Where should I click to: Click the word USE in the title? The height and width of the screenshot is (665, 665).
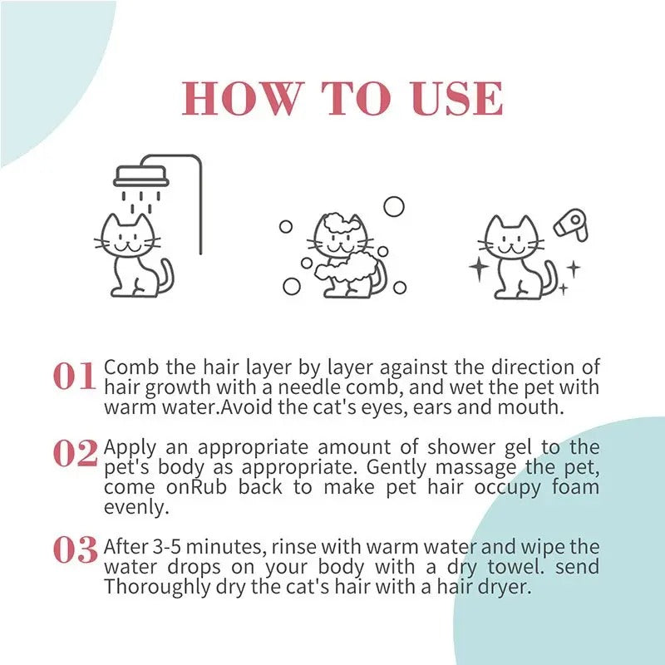click(x=460, y=100)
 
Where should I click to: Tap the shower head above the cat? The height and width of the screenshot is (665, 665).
click(x=140, y=176)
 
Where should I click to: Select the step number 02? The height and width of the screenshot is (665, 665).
click(x=75, y=454)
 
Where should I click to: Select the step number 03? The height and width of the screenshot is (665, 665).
click(x=75, y=550)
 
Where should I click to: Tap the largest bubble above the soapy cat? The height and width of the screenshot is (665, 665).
click(x=393, y=206)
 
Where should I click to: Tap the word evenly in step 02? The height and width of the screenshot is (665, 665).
click(x=135, y=507)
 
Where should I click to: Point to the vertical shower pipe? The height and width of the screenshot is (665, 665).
click(x=200, y=208)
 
